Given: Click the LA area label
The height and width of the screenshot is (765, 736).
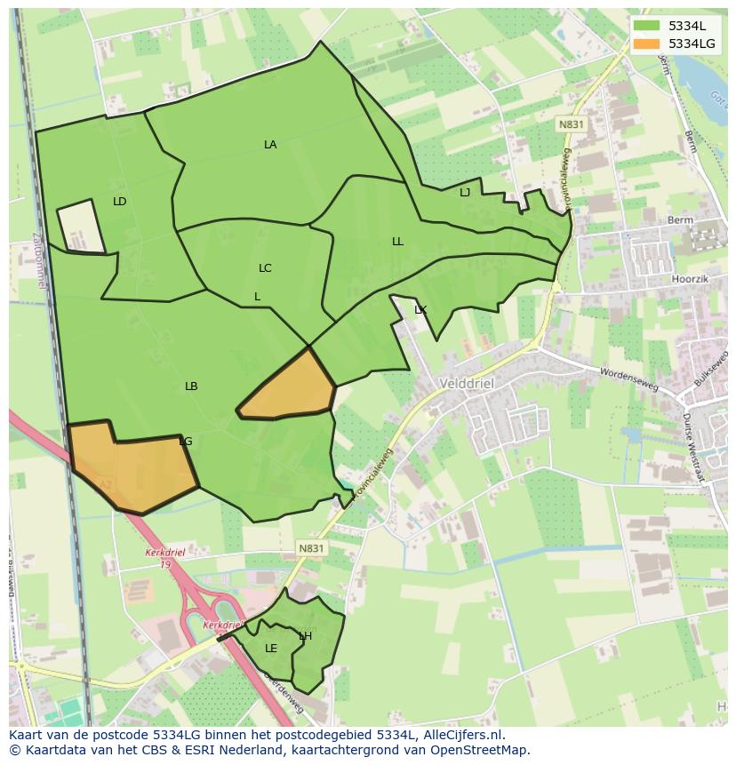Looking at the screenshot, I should pyautogui.click(x=270, y=145).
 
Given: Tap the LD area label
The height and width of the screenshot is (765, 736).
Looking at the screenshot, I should pyautogui.click(x=120, y=202).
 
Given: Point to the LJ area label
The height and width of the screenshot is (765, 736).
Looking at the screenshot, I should pyautogui.click(x=465, y=193).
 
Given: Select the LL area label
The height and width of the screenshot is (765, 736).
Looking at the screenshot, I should pyautogui.click(x=397, y=242).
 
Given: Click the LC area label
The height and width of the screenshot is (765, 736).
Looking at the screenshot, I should pyautogui.click(x=265, y=268).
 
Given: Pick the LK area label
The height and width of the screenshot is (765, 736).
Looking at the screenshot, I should pyautogui.click(x=420, y=310).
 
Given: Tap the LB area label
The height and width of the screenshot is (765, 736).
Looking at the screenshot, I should pyautogui.click(x=191, y=386).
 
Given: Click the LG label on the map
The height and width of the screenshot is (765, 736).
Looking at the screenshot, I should pyautogui.click(x=185, y=442).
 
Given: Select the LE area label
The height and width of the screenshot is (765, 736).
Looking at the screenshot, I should pyautogui.click(x=271, y=649).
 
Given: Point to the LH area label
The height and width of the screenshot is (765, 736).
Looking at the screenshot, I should pyautogui.click(x=305, y=636).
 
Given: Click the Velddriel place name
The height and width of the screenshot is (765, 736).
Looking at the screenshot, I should pyautogui.click(x=467, y=384).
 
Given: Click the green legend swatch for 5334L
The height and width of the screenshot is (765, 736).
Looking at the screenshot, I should pyautogui.click(x=646, y=26).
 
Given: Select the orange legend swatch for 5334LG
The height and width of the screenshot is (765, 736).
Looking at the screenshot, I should pyautogui.click(x=646, y=44).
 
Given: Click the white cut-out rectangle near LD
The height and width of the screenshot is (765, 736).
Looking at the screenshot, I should pyautogui.click(x=81, y=227).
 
